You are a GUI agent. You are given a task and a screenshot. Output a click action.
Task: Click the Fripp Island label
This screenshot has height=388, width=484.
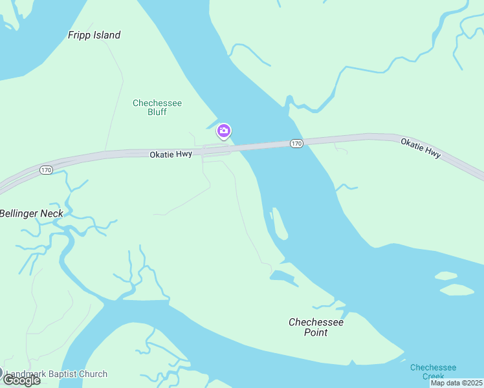(94, 35)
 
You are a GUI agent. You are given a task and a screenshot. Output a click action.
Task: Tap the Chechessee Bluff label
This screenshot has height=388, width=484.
(157, 107)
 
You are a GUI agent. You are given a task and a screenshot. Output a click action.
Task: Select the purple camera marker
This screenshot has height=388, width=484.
(224, 131)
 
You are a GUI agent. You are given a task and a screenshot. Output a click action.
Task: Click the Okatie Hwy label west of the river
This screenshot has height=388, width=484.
(171, 155)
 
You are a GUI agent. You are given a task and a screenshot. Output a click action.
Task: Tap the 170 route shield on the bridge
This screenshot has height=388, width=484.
(296, 143)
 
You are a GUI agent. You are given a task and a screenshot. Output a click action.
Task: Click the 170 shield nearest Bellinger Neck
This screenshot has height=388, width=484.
(45, 170)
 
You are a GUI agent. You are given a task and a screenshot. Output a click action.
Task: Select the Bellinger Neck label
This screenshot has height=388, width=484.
(31, 213)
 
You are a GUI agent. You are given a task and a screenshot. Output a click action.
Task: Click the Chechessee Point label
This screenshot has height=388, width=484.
(316, 327)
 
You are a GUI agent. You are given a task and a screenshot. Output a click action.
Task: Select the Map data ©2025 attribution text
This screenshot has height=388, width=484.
(456, 383)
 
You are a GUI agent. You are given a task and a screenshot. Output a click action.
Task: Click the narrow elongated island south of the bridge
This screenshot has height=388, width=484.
(279, 223)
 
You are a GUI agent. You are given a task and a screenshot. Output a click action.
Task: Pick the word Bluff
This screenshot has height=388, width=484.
(157, 112)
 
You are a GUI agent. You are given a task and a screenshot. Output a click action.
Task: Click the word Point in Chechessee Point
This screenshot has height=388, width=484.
(316, 332)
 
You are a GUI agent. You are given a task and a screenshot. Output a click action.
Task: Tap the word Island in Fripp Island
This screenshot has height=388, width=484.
(107, 35)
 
